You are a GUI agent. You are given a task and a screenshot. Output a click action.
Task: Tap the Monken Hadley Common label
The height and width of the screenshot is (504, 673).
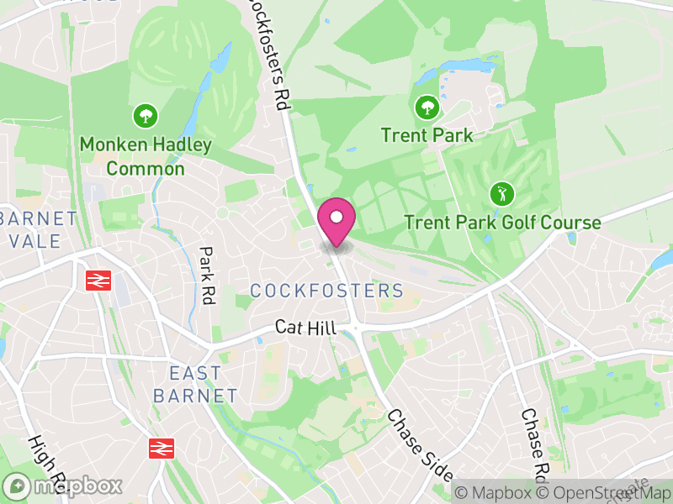[146, 156]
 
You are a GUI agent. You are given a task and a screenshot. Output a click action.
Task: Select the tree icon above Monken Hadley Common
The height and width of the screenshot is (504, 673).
[146, 115]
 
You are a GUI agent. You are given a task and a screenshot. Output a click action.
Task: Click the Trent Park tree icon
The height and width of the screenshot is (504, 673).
[427, 107]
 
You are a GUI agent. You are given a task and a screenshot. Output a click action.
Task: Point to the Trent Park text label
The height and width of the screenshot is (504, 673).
[427, 134]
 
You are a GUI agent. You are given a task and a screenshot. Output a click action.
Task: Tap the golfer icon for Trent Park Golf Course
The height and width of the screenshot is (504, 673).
[502, 195]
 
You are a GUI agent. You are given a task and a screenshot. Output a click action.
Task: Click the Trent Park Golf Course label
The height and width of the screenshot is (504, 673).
[502, 223]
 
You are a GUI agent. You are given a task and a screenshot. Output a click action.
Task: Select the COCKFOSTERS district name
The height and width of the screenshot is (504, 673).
[327, 291]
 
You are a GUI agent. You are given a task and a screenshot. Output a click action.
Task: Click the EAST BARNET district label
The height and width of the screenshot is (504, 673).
[195, 384]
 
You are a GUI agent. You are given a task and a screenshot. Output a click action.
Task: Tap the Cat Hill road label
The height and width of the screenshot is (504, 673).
[306, 328]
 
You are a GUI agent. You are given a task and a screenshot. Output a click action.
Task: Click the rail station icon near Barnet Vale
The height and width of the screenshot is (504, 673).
[99, 280]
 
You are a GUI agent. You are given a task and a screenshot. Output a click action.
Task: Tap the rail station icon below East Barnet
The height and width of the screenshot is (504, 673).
[161, 449]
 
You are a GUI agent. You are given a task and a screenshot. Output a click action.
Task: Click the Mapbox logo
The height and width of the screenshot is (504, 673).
[63, 486]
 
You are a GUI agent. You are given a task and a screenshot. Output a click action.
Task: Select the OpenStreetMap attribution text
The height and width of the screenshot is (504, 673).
[601, 492]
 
